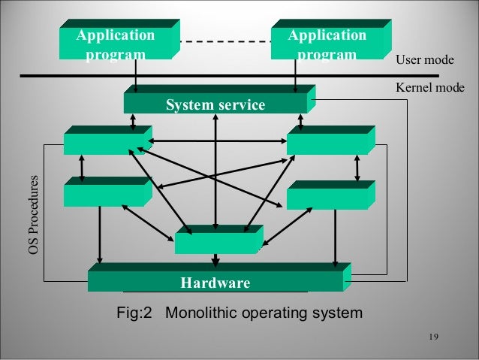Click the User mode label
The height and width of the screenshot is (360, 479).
(x=424, y=60)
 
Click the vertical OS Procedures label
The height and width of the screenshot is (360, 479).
(x=33, y=214)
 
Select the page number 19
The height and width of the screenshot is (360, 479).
(x=431, y=336)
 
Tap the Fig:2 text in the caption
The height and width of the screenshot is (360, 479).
(x=134, y=312)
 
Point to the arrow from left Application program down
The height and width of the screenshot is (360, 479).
(x=136, y=76)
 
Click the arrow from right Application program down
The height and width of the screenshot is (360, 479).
(x=295, y=76)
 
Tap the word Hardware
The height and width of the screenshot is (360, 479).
(x=215, y=283)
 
